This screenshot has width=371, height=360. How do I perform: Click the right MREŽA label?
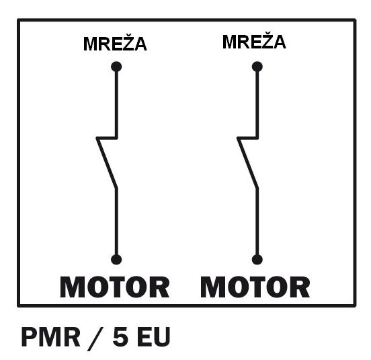click(x=254, y=41)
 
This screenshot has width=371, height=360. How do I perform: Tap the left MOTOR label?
click(x=115, y=287)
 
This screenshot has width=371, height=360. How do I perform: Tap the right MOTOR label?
click(x=255, y=287)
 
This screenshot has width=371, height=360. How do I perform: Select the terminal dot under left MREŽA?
click(x=116, y=67)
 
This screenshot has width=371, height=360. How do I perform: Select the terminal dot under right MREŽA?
click(x=257, y=67)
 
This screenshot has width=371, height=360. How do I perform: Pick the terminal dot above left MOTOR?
click(x=116, y=260)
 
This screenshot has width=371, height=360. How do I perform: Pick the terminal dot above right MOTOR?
click(x=257, y=260)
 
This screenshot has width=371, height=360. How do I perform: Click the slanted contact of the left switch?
click(x=106, y=164)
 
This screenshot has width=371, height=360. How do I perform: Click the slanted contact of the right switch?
click(x=247, y=164)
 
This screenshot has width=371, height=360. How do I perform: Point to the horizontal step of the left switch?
click(x=107, y=138)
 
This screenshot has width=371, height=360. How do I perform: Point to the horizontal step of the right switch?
click(x=248, y=138)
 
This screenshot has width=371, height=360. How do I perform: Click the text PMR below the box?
click(x=50, y=336)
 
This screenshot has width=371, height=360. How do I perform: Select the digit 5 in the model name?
click(x=120, y=336)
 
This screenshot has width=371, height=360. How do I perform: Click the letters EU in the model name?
click(x=154, y=336)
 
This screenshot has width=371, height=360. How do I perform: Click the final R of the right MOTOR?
click(x=300, y=287)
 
